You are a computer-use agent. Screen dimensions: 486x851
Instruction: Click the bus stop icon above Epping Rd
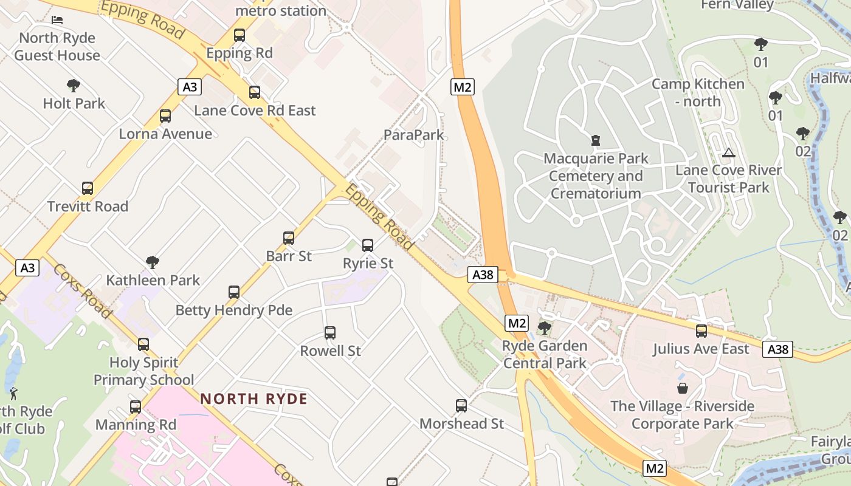(x=239, y=35)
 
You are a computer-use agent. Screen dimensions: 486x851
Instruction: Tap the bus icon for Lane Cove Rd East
(x=255, y=92)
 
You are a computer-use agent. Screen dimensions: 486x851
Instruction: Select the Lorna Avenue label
(x=165, y=134)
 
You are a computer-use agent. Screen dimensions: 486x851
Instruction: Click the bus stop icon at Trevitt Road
(x=88, y=188)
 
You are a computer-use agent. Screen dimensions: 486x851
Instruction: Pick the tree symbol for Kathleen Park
(x=153, y=262)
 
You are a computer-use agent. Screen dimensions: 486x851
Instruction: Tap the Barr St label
(x=289, y=256)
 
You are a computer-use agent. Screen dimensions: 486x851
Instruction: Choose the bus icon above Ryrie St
(x=368, y=245)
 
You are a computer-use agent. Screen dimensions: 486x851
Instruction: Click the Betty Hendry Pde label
(x=234, y=310)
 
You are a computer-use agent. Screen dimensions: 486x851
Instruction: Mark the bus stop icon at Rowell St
(x=330, y=333)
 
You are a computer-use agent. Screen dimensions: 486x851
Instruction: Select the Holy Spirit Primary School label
(x=144, y=371)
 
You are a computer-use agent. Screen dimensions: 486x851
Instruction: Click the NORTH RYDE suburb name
(x=254, y=399)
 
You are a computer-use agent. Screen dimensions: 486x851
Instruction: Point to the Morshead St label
(x=462, y=423)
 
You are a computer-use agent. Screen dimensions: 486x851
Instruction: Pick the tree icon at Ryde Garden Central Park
(x=545, y=328)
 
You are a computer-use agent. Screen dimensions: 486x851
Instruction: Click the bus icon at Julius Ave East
(x=701, y=331)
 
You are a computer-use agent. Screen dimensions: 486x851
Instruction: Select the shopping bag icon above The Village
(x=683, y=388)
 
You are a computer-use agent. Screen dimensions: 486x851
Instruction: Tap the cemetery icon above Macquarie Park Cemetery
(x=596, y=140)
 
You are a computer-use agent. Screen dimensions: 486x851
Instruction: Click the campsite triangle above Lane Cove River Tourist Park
(x=729, y=152)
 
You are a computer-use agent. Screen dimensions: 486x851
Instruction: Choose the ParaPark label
(x=414, y=135)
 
